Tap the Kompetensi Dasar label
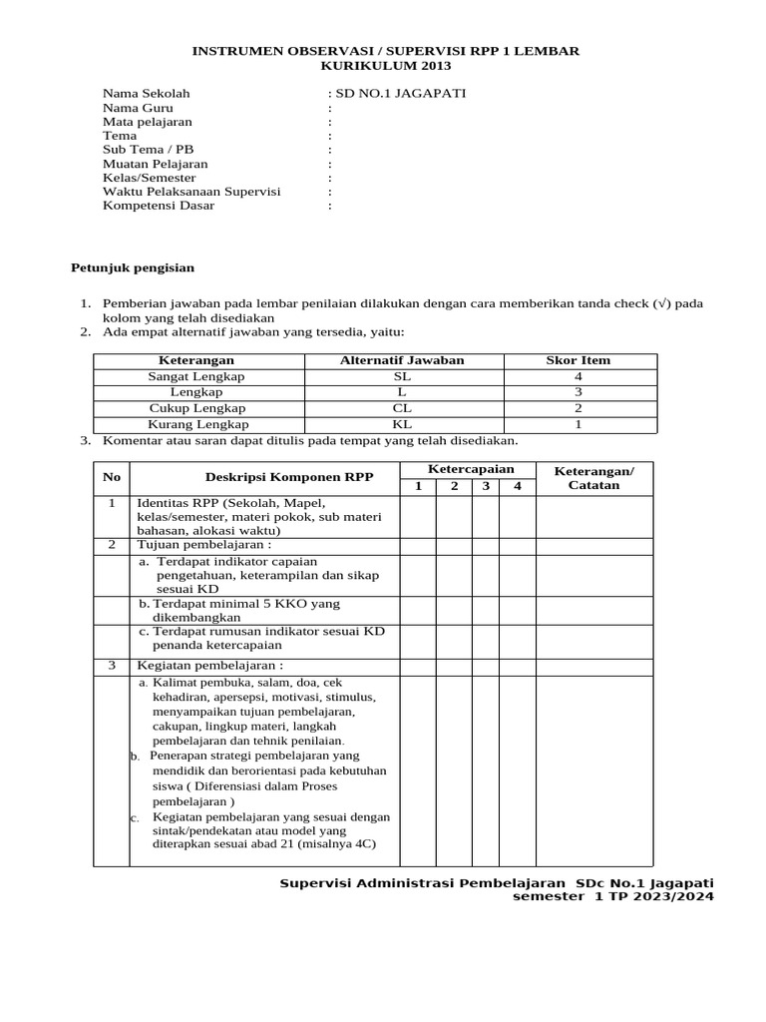point(159,206)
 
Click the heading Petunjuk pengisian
point(133,267)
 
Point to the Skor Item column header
point(578,360)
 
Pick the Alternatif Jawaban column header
point(402,360)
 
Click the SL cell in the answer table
point(402,376)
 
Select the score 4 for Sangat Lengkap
point(578,376)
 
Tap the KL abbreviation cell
point(402,424)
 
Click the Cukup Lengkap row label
point(196,408)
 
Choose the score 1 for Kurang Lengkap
point(578,424)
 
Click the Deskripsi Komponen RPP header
point(289,477)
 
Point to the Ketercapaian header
point(471,469)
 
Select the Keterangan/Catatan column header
point(593,477)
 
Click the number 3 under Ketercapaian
point(486,486)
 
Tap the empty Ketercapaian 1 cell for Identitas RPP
point(419,516)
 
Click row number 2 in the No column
point(112,545)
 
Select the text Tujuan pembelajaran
point(203,545)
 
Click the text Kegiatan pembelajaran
point(209,665)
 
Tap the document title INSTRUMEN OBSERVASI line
point(385,51)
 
